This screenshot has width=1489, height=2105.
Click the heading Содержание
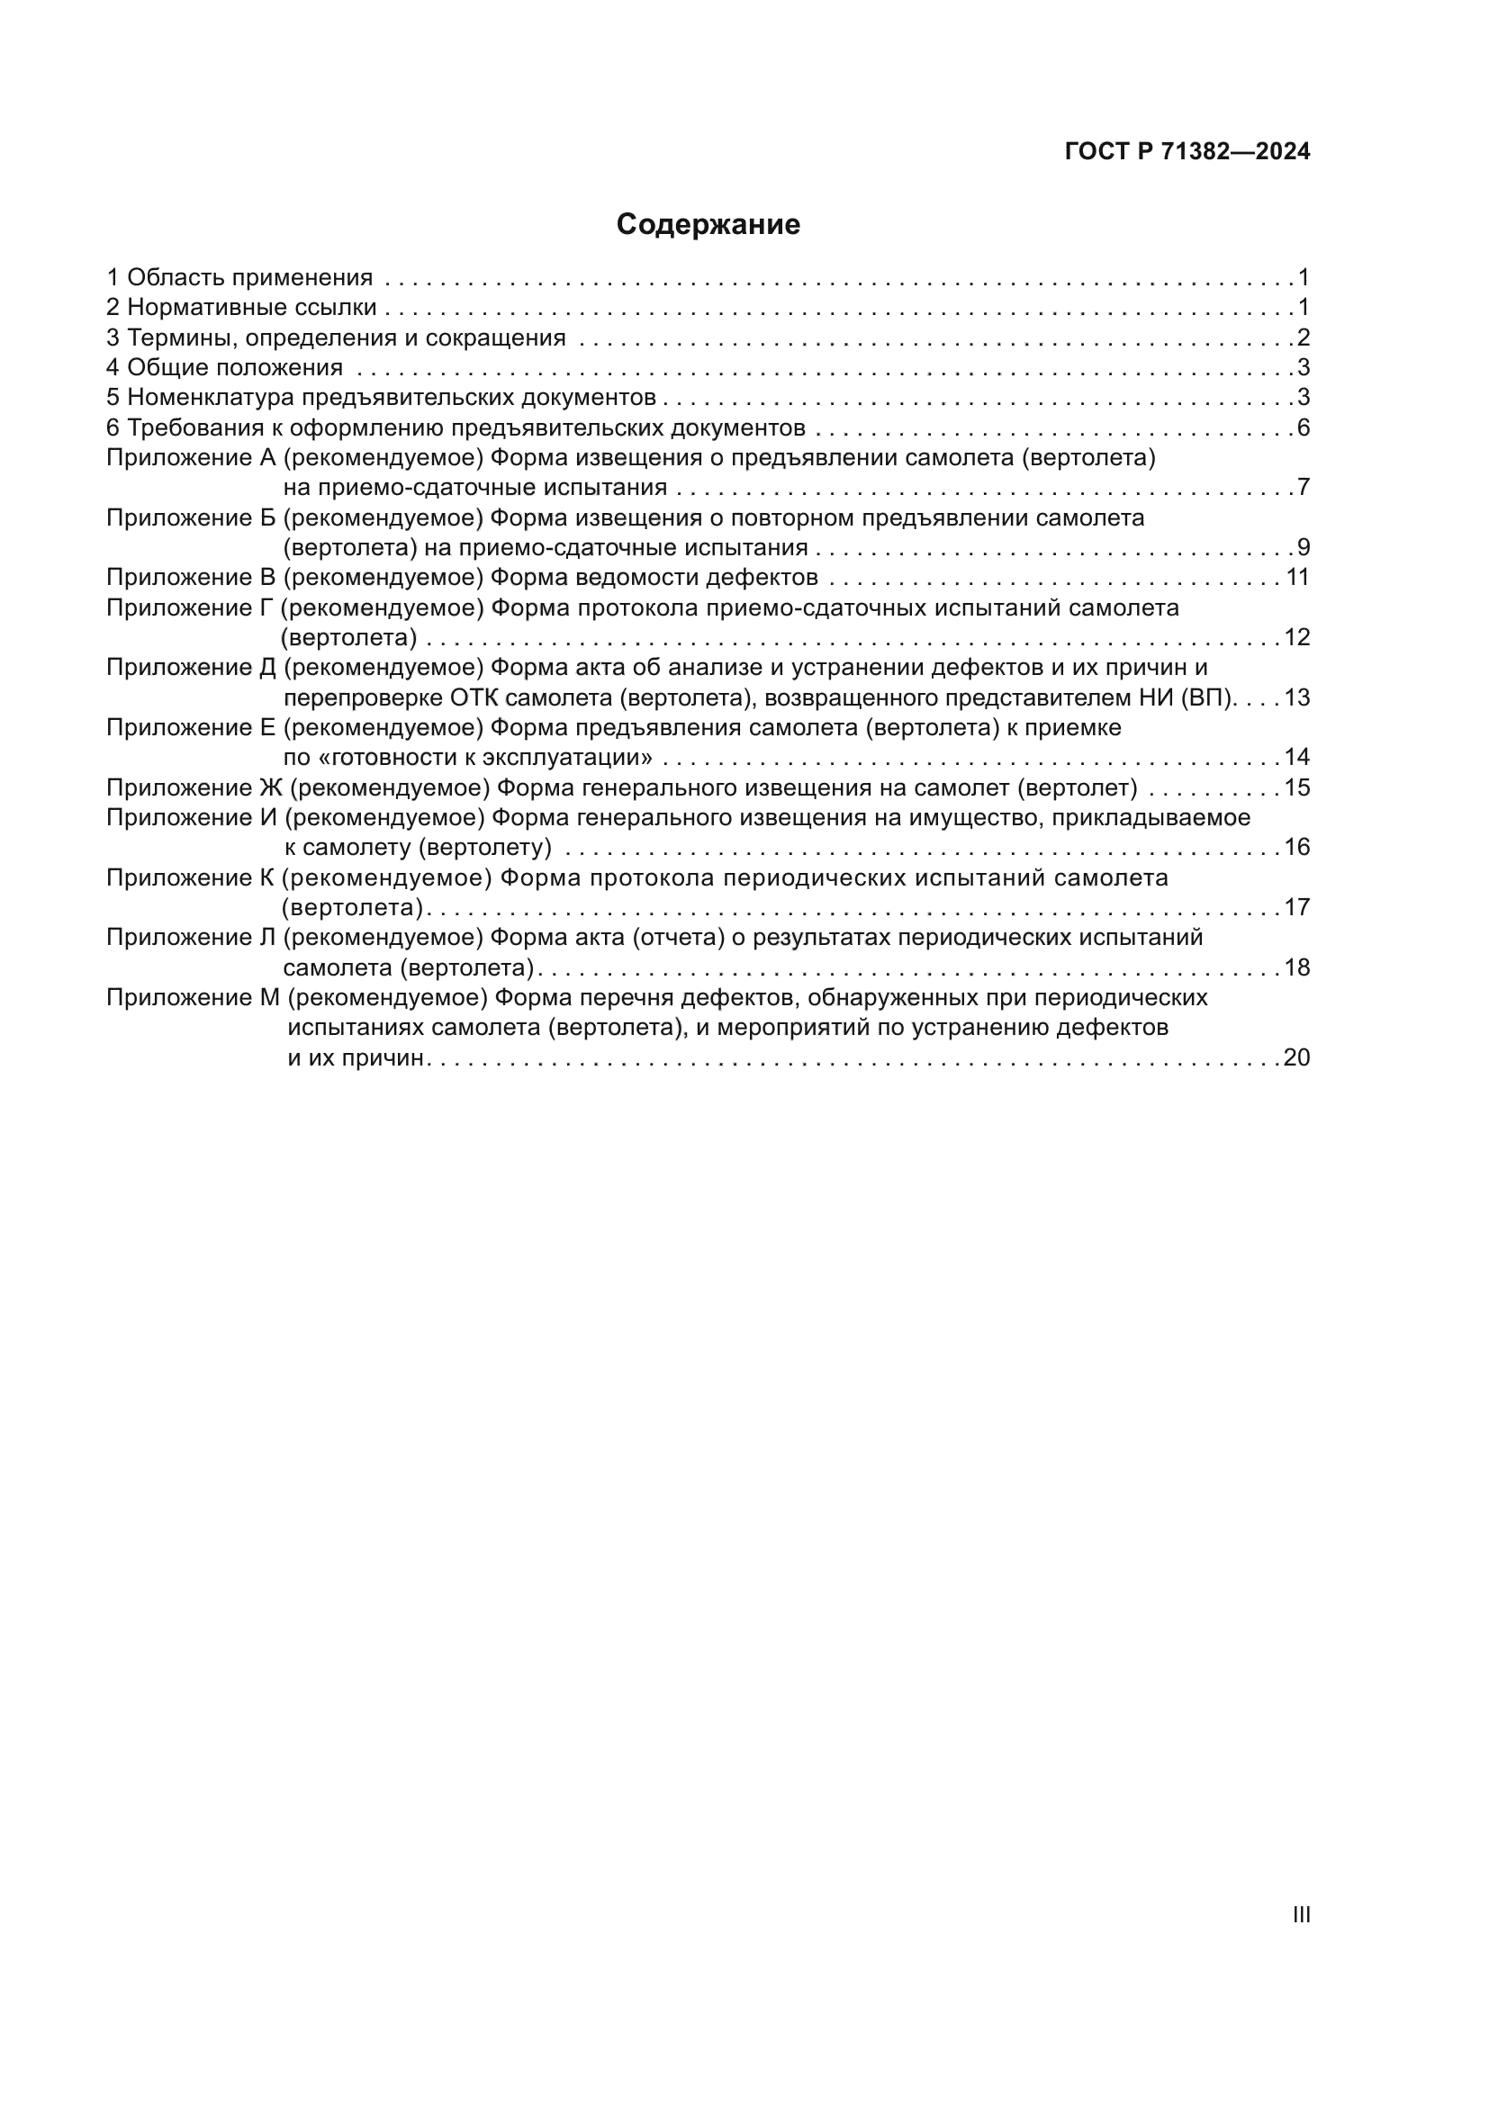708,225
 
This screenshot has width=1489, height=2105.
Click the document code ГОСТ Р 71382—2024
1187,152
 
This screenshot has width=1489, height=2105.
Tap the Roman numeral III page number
1300,1914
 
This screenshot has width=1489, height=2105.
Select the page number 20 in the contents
1296,1058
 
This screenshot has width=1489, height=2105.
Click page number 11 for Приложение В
1297,578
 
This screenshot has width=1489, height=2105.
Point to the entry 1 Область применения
239,278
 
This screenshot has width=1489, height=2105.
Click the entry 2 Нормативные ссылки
241,308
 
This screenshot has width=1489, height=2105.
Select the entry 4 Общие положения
225,368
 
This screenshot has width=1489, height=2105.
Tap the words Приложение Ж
194,787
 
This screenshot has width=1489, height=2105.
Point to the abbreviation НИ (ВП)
1187,698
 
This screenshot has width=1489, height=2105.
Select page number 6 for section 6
1303,428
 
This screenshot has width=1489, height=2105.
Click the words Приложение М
193,997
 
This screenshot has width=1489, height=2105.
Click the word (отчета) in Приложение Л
679,938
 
